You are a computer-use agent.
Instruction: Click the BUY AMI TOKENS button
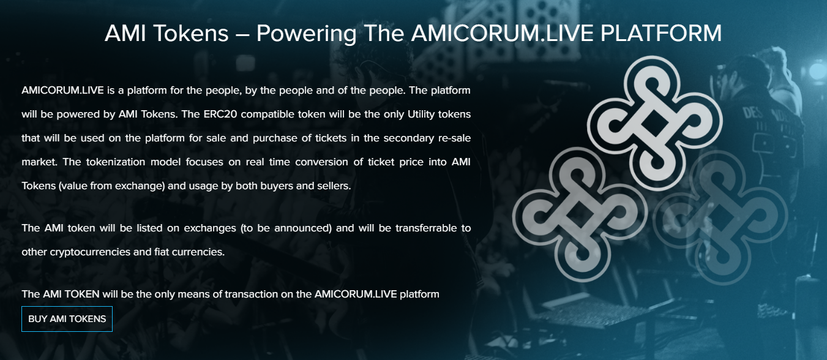click(x=67, y=319)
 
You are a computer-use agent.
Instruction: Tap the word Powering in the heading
click(x=307, y=34)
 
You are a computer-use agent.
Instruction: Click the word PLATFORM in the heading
click(x=661, y=33)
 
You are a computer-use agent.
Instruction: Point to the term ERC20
click(x=220, y=114)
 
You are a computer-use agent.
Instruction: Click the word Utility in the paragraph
click(x=421, y=114)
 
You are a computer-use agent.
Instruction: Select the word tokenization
click(x=116, y=162)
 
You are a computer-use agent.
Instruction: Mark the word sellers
click(x=335, y=186)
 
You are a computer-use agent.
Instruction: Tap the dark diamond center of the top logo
click(x=654, y=123)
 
